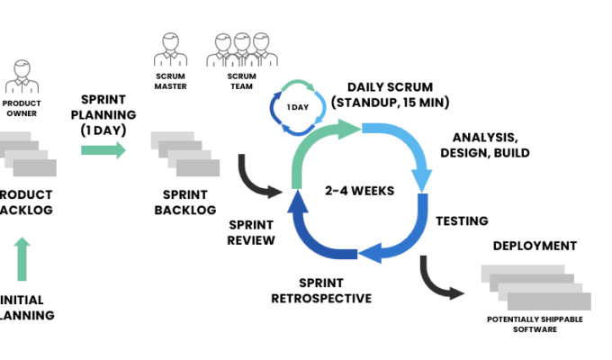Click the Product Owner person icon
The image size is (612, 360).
click(x=22, y=77)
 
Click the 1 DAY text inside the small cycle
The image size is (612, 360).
click(x=298, y=107)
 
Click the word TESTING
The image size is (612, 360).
click(x=462, y=220)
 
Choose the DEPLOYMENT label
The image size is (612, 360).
click(x=535, y=246)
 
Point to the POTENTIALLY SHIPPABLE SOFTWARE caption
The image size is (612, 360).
click(x=535, y=324)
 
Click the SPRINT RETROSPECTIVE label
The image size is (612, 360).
click(x=321, y=291)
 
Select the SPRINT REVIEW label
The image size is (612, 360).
click(x=252, y=232)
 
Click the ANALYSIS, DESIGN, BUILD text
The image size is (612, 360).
click(x=484, y=145)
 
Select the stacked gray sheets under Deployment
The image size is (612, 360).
click(x=535, y=286)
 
